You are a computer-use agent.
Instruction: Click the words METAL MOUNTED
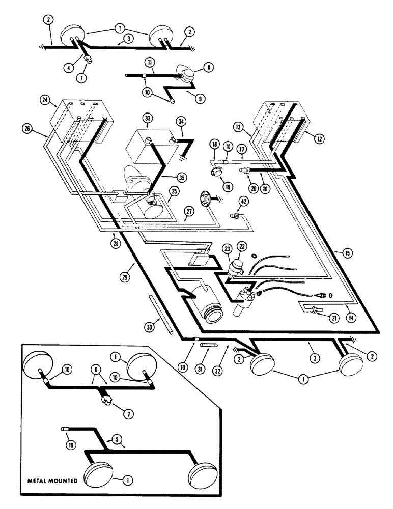(x=52, y=479)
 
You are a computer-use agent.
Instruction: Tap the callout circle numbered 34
(x=180, y=121)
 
